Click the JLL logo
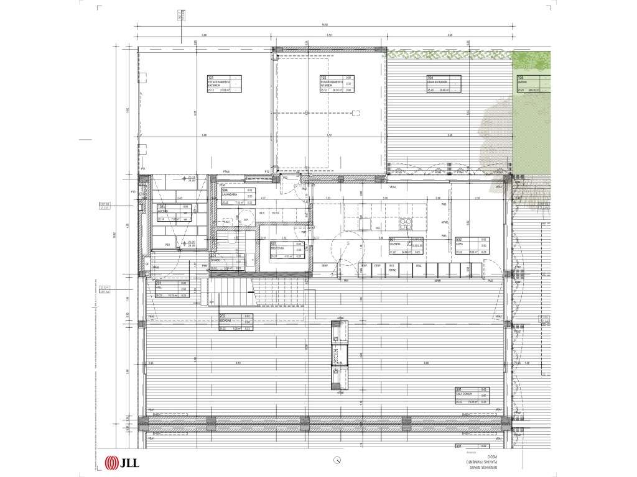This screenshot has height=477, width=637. (121, 461)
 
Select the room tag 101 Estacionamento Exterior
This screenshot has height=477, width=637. (223, 83)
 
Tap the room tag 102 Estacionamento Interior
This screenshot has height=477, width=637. (337, 83)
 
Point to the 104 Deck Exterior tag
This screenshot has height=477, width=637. (443, 83)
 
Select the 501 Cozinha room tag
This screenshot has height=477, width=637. (405, 246)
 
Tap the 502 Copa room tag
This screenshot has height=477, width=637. (471, 246)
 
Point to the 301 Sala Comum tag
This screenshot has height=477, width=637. (471, 396)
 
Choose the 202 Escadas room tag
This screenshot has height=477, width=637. (235, 323)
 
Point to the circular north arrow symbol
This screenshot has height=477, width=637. (337, 460)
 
